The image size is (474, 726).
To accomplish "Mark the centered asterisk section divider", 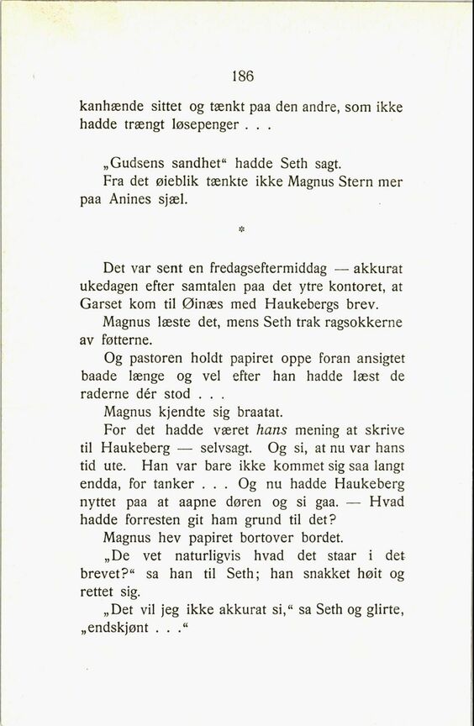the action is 242,229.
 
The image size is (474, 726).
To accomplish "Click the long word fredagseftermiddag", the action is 263,268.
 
